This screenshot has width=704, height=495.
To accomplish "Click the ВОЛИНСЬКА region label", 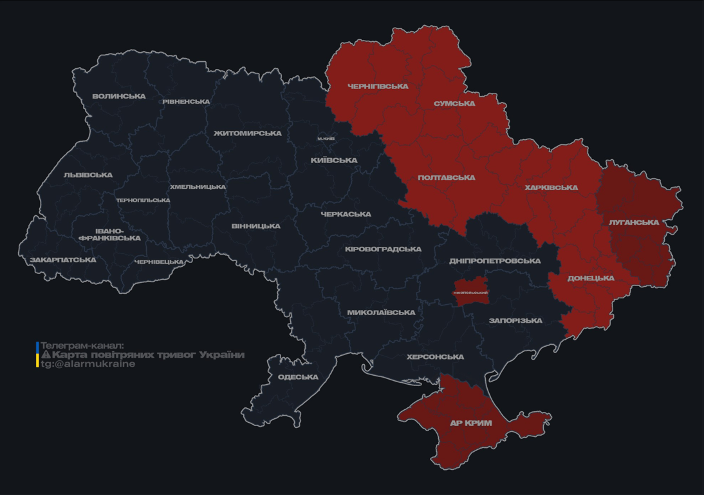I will coord(119,97).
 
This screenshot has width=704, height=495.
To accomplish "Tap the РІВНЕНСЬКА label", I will coord(186,102).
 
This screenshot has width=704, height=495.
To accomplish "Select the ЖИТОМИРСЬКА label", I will coord(248,133).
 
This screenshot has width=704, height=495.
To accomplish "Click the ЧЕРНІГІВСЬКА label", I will coord(378,86).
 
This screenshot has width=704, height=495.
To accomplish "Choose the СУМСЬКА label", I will coord(454,104).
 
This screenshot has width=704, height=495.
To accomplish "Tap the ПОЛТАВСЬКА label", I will coord(446,178).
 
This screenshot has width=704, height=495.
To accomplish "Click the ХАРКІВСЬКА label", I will coord(551,188).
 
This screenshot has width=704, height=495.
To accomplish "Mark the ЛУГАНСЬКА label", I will coord(634,222).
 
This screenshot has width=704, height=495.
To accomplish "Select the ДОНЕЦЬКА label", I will coord(591,278).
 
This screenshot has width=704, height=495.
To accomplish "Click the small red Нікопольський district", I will coord(470,292).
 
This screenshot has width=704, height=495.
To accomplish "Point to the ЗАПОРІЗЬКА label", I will coord(515,321).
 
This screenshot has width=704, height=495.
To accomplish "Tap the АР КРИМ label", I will coord(471,423).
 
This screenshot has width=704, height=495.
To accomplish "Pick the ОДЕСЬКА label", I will coord(298,377).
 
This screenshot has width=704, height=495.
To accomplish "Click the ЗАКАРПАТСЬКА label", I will coord(63,260).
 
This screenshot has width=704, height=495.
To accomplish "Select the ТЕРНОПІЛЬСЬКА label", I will coord(143,200).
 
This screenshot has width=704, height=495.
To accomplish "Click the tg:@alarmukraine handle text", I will coord(88,364).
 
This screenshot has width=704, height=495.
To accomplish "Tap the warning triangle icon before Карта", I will coord(46,354).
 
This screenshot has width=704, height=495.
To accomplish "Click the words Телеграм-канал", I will coord(82,345).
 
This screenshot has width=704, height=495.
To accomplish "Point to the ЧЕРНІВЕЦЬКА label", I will coord(159,262).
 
